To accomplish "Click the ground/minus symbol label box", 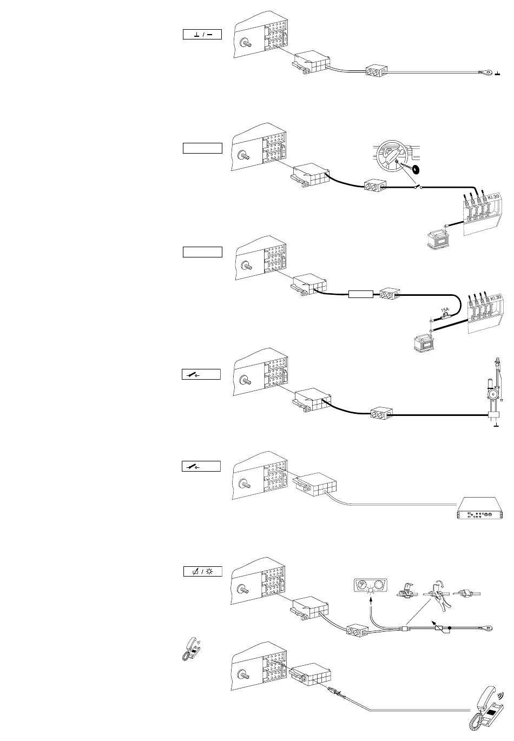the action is point(202,35).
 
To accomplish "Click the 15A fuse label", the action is point(445,310).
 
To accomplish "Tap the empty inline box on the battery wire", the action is point(360,294).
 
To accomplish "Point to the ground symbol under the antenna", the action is point(496,425).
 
